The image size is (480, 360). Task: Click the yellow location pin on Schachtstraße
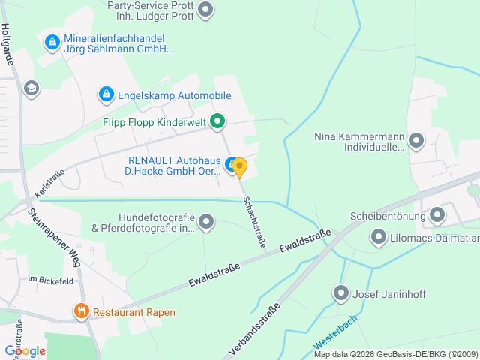click(239, 167)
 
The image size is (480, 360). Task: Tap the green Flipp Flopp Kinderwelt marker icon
click(217, 121)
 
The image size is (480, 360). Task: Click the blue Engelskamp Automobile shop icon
click(106, 95)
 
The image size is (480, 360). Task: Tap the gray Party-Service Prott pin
click(205, 10)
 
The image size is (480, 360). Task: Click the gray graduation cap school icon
click(31, 88)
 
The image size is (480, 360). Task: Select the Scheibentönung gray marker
click(437, 217)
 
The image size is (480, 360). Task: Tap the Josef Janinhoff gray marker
click(341, 292)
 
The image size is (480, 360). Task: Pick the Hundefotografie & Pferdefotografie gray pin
click(206, 222)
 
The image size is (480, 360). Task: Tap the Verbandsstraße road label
click(256, 331)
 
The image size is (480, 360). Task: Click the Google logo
click(25, 350)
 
